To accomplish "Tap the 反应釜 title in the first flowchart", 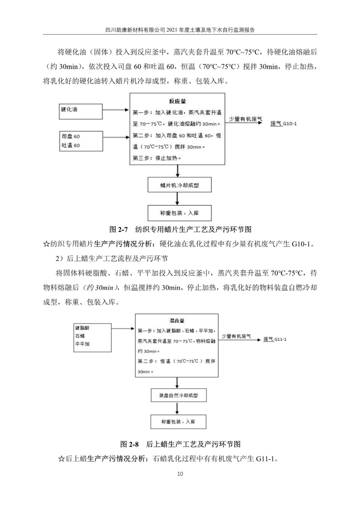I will click(177, 102).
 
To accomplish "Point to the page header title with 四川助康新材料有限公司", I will click(180, 28).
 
